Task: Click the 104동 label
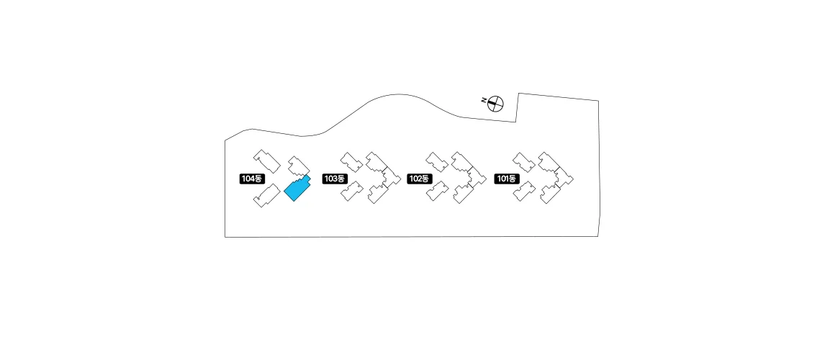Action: point(253,178)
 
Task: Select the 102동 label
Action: point(419,179)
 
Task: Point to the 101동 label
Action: point(507,179)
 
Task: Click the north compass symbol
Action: point(495,104)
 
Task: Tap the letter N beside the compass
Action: point(484,100)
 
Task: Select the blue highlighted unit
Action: point(297,189)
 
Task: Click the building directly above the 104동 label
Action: point(265,161)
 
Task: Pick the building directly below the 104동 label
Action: point(266,195)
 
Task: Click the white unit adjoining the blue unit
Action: point(297,166)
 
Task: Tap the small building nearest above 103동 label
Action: point(351,161)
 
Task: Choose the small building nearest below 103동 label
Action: point(351,191)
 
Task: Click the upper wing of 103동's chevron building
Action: point(378,163)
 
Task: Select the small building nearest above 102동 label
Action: point(437,161)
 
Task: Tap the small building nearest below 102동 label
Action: point(437,192)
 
